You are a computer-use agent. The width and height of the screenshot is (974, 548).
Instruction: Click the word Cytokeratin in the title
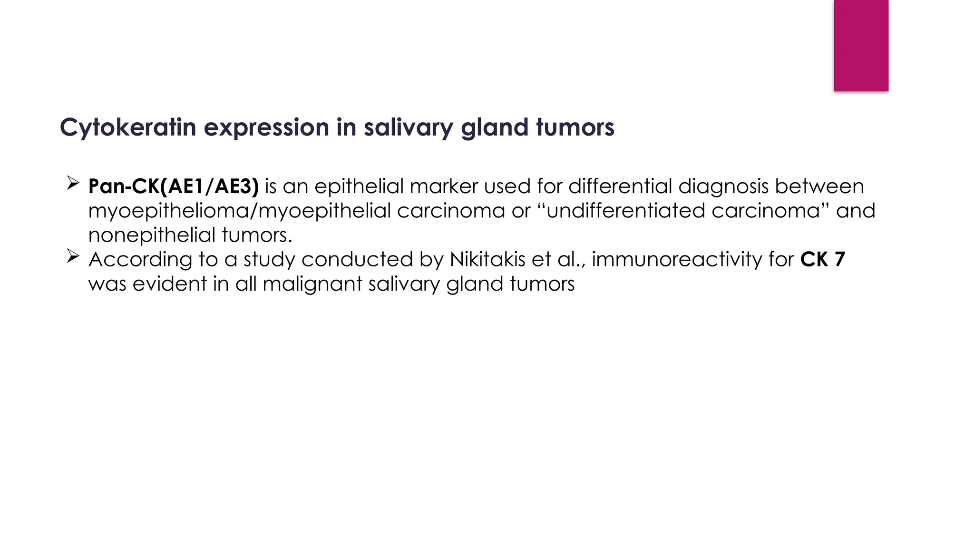[x=127, y=127]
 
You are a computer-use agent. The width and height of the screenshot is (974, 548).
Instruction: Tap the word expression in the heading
[x=266, y=127]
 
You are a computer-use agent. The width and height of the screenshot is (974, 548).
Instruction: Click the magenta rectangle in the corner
[x=860, y=45]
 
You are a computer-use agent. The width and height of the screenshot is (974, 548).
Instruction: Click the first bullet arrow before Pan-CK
[x=72, y=183]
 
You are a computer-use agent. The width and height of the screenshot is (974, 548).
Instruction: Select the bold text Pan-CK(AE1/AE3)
[x=174, y=186]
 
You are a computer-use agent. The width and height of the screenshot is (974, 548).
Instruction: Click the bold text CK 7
[x=822, y=259]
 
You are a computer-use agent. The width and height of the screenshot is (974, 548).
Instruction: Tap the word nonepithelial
[x=152, y=235]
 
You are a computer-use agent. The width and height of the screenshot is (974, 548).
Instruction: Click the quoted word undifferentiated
[x=626, y=210]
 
